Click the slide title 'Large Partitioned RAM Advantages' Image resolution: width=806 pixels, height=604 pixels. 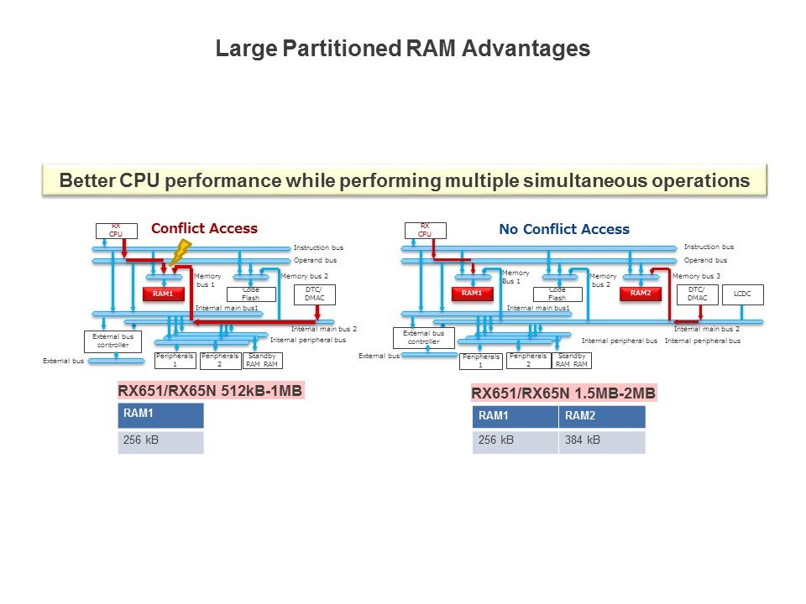(403, 49)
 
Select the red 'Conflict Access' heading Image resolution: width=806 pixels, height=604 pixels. (204, 228)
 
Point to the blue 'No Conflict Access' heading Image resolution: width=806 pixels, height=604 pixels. (563, 229)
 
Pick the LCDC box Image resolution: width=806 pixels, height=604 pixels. (743, 294)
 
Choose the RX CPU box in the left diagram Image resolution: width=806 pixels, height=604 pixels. (116, 230)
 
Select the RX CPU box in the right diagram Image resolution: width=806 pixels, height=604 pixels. (425, 230)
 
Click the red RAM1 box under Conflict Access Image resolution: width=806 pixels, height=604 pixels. (163, 294)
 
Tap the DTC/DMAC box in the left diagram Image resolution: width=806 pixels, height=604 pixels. (315, 294)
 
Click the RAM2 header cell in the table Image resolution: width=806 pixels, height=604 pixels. (601, 416)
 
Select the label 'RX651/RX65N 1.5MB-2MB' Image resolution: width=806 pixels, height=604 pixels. (563, 393)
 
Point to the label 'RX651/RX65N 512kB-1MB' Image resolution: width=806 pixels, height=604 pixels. (209, 390)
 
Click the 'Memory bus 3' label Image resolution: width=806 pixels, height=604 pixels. (697, 276)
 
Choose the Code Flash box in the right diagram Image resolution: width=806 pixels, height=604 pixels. (557, 294)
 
